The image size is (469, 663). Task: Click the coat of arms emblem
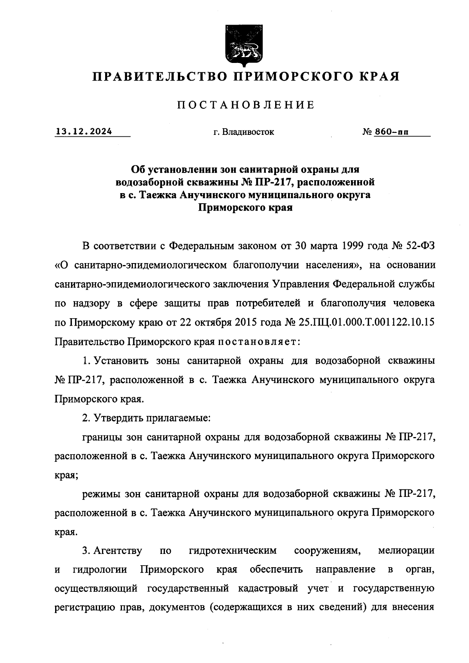(x=242, y=46)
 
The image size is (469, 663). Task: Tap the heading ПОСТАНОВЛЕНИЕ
(x=246, y=105)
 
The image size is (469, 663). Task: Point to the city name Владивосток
(x=248, y=132)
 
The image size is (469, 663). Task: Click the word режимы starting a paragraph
(x=101, y=494)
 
